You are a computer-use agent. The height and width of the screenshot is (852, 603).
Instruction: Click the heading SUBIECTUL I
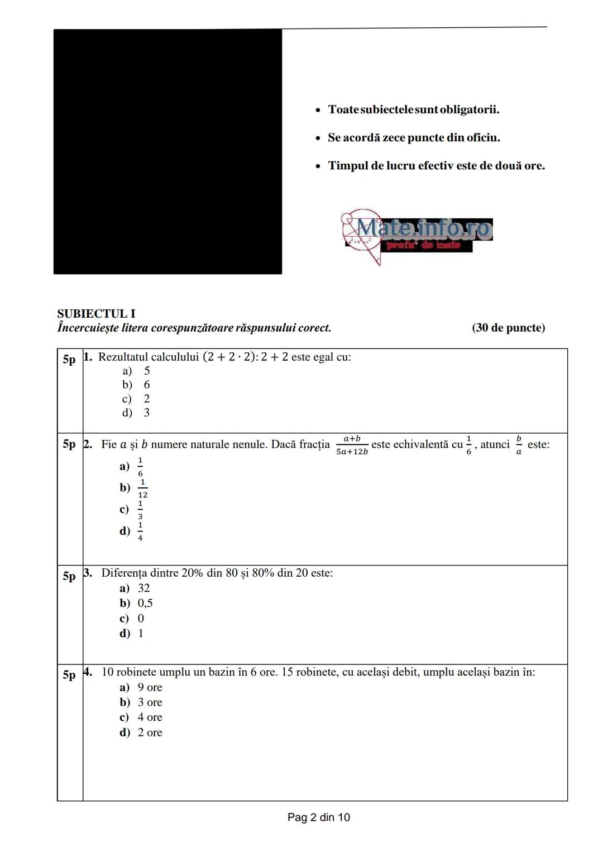(96, 314)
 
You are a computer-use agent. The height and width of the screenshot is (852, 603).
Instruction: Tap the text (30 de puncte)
(508, 328)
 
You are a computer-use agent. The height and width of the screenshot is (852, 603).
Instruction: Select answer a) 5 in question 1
(136, 371)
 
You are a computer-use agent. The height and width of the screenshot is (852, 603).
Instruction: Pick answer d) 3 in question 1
(136, 413)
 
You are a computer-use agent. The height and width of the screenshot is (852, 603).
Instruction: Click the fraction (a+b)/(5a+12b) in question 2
(352, 446)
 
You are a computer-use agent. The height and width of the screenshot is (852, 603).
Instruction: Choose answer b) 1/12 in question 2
(134, 488)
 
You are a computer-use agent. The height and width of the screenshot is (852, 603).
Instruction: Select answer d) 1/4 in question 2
(132, 531)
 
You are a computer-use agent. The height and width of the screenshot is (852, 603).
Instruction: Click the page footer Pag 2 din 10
(319, 817)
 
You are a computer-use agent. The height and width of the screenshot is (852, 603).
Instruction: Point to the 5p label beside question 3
(69, 576)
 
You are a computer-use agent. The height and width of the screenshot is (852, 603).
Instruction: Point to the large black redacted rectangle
(167, 152)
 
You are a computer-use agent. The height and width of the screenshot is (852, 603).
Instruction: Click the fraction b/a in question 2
(519, 446)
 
